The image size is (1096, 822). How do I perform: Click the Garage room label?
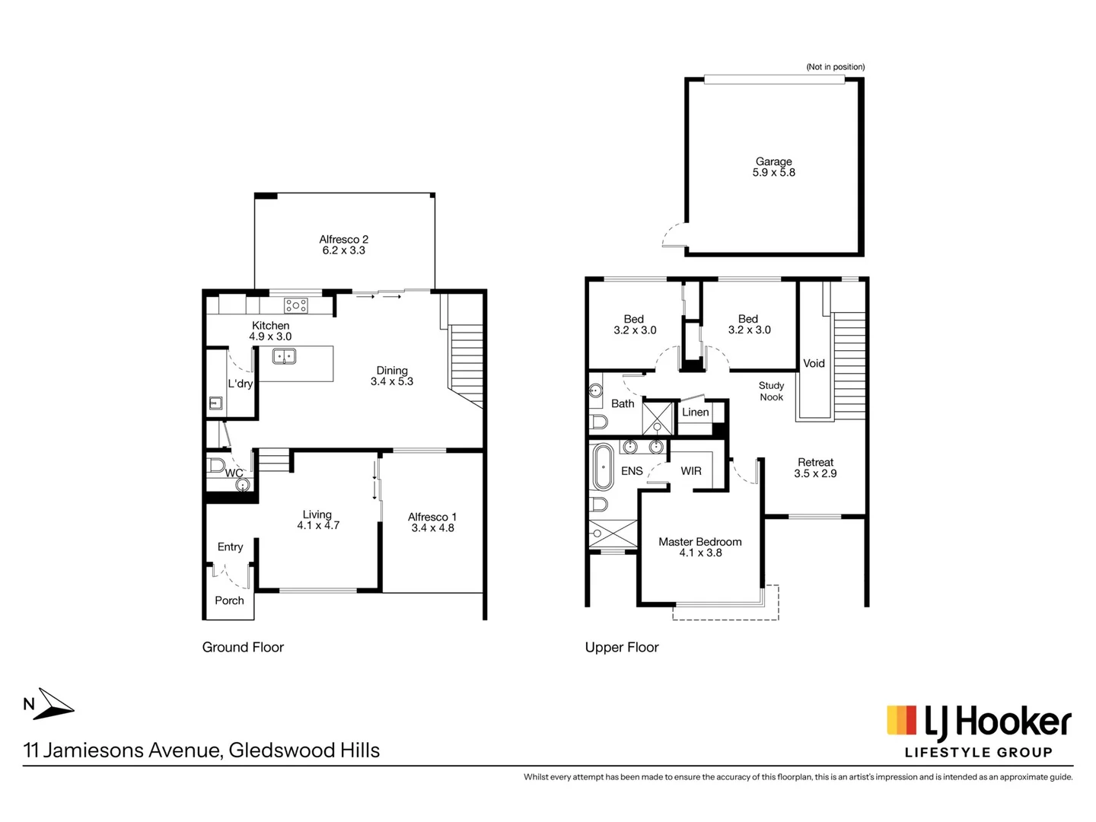click(773, 161)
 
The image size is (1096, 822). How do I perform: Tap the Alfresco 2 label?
click(343, 239)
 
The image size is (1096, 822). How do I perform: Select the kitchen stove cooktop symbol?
click(296, 305)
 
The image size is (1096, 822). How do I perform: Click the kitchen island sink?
click(285, 356)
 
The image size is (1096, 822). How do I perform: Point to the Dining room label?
click(392, 371)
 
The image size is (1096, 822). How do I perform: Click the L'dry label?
click(240, 384)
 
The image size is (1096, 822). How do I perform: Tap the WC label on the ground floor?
click(234, 473)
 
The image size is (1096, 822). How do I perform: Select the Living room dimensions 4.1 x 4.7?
click(318, 525)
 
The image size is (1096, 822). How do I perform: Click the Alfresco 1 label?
click(432, 517)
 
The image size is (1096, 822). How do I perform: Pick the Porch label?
click(229, 601)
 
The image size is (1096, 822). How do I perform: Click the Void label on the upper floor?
click(814, 363)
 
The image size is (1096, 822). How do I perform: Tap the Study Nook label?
click(771, 391)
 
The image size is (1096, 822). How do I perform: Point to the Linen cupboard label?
click(695, 412)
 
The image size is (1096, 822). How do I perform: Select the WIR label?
click(691, 471)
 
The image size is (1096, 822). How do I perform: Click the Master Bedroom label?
click(699, 542)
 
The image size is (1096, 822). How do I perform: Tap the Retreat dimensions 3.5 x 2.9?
click(815, 473)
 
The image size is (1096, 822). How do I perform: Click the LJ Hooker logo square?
click(901, 720)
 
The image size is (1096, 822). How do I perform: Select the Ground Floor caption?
click(243, 647)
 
